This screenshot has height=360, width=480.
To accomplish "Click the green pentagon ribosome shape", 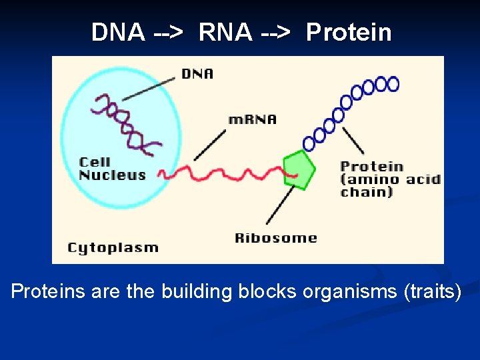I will pos(299,171).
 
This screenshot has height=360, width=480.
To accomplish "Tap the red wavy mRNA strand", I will pos(220,175).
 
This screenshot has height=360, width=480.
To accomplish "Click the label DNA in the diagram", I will pos(197,73).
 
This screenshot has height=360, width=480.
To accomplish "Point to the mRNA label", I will pos(252,120).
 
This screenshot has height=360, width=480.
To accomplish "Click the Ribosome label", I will pos(275,238).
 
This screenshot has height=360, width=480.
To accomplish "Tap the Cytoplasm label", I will pos(113,247).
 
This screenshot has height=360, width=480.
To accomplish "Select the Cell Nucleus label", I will pos(112,169).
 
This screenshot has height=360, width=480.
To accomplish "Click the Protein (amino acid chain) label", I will pos(390,179).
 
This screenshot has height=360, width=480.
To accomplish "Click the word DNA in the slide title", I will pos(118,32).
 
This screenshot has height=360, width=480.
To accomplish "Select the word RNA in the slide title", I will pos(225,32).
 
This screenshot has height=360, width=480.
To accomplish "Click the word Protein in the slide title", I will pos(349,32).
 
